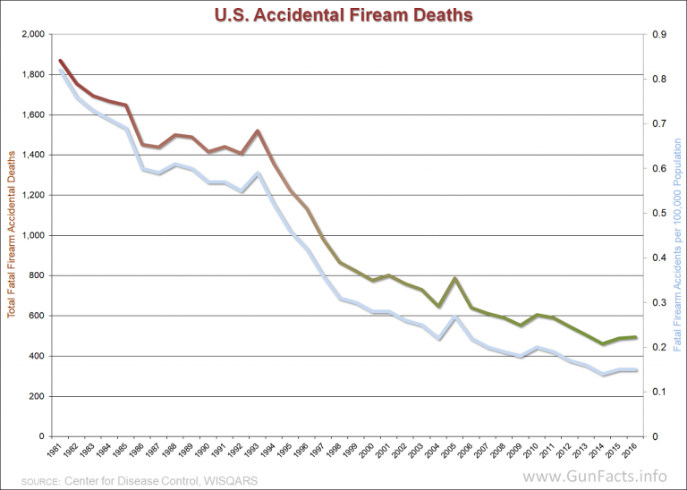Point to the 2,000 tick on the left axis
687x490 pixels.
tap(31, 34)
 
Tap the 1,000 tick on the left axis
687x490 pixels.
tap(31, 235)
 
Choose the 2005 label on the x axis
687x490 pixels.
tap(455, 450)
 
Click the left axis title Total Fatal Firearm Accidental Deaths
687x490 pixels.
tap(12, 234)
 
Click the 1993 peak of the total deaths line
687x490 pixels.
tap(258, 131)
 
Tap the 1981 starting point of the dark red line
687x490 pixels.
tap(60, 61)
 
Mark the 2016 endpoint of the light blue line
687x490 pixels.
tap(636, 370)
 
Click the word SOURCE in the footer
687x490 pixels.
tap(31, 479)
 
